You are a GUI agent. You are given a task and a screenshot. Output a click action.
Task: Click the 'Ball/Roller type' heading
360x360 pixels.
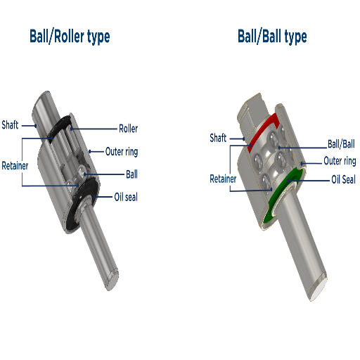pos(70,37)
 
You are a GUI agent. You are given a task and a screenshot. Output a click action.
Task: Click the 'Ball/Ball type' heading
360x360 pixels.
pos(272,37)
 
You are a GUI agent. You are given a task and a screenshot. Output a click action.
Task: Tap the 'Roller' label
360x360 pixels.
pos(128,129)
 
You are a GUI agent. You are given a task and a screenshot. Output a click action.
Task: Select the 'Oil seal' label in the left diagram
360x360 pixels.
pos(126,197)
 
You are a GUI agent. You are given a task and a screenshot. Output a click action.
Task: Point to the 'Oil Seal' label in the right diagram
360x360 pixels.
pos(343,179)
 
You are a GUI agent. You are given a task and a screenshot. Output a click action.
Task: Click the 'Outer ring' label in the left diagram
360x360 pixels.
pos(122,152)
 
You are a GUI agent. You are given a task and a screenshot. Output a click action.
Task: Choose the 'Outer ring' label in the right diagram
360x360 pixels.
pos(340,161)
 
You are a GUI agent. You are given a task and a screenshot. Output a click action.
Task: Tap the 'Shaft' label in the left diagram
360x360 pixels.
pos(10,124)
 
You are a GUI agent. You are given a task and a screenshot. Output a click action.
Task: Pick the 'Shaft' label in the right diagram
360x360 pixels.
pos(218,138)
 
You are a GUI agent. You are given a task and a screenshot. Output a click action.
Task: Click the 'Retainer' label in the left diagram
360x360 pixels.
pos(15,166)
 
